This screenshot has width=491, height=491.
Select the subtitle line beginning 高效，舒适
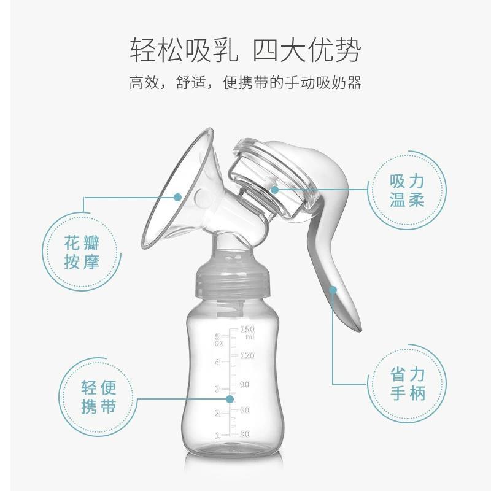[245, 83]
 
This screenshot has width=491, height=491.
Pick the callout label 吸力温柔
[407, 190]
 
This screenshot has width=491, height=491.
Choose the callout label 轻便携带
[98, 396]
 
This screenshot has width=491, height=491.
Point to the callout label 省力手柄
[407, 383]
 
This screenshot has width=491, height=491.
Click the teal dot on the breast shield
[179, 197]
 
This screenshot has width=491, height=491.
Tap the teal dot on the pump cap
[274, 190]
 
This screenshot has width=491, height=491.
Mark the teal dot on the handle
[333, 289]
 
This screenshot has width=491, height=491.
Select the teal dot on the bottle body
[230, 399]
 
